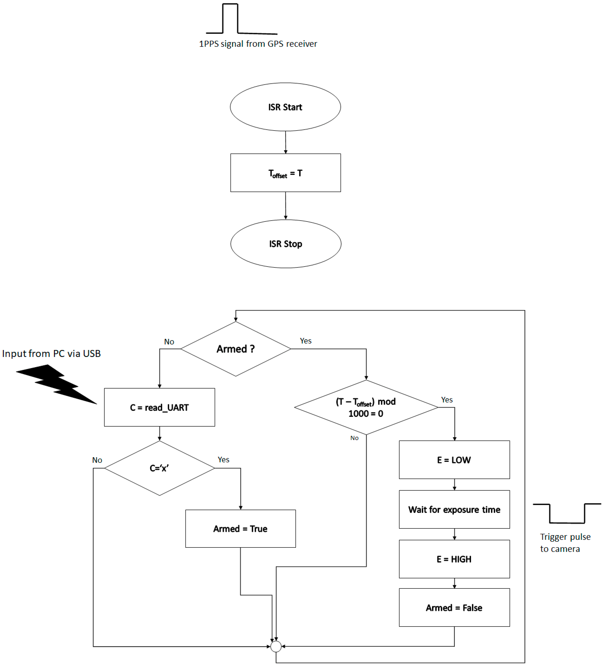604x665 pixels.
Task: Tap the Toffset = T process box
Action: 285,173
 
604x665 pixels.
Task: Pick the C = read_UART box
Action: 159,407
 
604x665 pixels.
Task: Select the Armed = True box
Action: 240,529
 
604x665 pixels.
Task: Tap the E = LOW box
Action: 454,460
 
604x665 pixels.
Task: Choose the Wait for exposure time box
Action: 454,510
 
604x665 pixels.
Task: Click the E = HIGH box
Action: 454,559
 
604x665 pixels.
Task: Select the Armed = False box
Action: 454,608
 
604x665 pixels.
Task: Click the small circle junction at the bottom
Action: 276,646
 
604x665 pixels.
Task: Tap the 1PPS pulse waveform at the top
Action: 238,20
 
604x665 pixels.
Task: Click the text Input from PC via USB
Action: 51,354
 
